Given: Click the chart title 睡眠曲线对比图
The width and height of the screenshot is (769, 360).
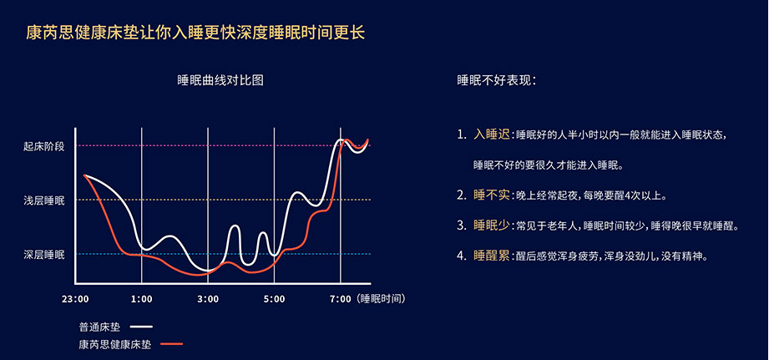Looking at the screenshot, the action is pyautogui.click(x=220, y=80).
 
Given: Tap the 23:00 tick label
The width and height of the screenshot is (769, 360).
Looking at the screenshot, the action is pyautogui.click(x=75, y=299).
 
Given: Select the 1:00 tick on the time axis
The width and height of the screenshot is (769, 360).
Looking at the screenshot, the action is pyautogui.click(x=142, y=299).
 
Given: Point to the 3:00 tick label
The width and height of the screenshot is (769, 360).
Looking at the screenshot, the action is pyautogui.click(x=208, y=299).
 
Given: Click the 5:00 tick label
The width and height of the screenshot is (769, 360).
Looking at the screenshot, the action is pyautogui.click(x=274, y=299).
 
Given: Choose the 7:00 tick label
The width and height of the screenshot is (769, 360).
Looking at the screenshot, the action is pyautogui.click(x=341, y=299).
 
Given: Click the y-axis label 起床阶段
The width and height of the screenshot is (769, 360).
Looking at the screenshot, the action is pyautogui.click(x=43, y=146).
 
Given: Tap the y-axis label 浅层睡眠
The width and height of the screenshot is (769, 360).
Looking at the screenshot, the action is pyautogui.click(x=43, y=200).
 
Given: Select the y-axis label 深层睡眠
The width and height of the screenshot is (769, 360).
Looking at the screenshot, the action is pyautogui.click(x=43, y=254).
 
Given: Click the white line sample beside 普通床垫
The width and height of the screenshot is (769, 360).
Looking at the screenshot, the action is pyautogui.click(x=142, y=327).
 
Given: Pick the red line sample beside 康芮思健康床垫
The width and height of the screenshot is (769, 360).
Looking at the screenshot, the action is pyautogui.click(x=172, y=344).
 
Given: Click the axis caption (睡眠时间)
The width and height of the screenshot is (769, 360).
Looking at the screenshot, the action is pyautogui.click(x=382, y=299).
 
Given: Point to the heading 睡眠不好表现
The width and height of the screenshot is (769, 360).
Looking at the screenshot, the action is pyautogui.click(x=496, y=80).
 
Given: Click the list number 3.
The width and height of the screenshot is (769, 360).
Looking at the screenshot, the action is pyautogui.click(x=461, y=226).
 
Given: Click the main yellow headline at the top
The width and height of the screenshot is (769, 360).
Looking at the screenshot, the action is pyautogui.click(x=195, y=33).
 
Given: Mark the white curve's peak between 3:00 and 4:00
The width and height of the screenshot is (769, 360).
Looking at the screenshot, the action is pyautogui.click(x=235, y=226).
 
